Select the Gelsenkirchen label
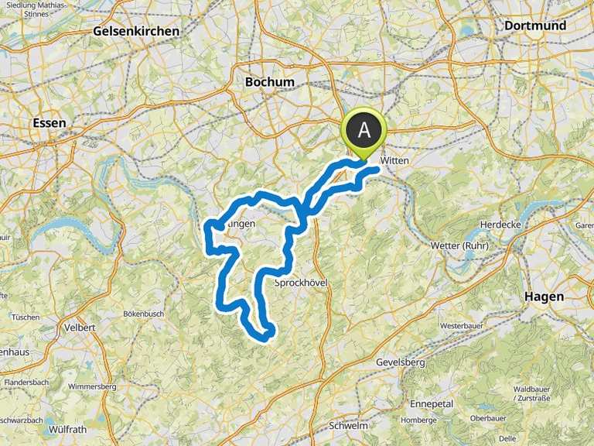[135, 32]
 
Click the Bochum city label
[269, 82]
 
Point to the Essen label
[50, 123]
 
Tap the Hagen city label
[544, 297]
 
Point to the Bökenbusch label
[143, 314]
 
